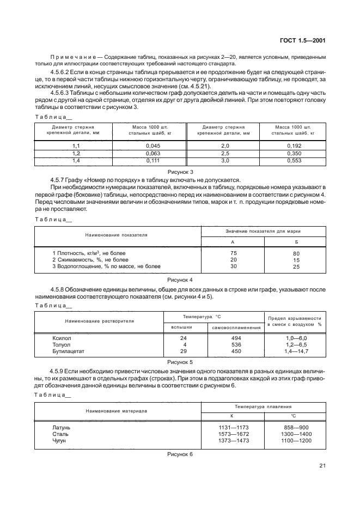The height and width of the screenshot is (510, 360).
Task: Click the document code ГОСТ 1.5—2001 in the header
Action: coord(302,40)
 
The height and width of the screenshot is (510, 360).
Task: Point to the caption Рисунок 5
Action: coord(180,362)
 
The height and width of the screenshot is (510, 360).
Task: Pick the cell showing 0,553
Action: coord(295,161)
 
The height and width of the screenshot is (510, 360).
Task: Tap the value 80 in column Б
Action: coord(296,253)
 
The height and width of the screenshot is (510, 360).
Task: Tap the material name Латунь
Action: coord(61,428)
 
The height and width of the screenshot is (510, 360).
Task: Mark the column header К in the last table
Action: coord(233,416)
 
